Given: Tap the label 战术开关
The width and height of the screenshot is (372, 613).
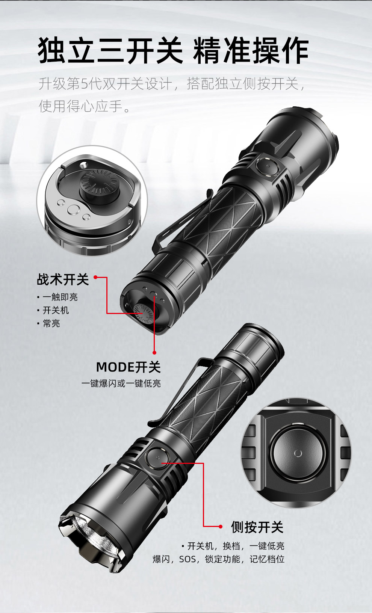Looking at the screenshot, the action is (63, 279).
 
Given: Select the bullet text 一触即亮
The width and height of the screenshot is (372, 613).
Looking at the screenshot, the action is (60, 297).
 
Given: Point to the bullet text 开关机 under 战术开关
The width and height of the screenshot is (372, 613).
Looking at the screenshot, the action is (56, 310).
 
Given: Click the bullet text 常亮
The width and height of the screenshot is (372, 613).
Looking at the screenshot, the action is (51, 323).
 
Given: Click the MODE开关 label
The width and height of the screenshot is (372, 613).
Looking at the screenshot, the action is (129, 367).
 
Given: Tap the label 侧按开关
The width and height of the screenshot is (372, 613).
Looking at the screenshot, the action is (257, 527).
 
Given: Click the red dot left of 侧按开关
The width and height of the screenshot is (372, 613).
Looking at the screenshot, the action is (221, 527).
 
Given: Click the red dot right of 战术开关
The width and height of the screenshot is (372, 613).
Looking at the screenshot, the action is (95, 277).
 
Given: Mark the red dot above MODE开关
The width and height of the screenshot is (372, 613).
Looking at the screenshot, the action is (154, 353).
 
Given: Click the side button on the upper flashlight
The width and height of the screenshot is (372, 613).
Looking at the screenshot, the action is (267, 166).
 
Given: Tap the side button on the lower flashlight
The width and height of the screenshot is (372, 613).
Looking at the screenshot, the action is (157, 458).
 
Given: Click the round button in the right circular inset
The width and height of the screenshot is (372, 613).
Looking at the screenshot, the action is (298, 453).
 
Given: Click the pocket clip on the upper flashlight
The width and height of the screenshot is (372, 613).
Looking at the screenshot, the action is (181, 219).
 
